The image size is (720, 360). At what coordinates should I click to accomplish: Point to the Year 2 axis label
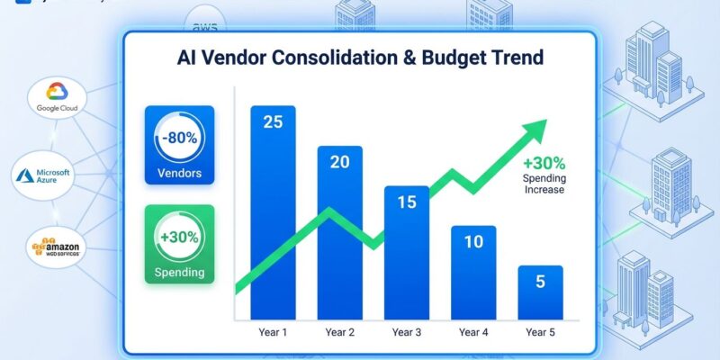pyautogui.click(x=339, y=333)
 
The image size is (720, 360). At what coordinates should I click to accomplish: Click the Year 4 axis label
pyautogui.click(x=473, y=333)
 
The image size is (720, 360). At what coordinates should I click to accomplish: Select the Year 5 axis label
pyautogui.click(x=540, y=333)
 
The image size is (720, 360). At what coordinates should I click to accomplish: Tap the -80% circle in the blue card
pyautogui.click(x=180, y=139)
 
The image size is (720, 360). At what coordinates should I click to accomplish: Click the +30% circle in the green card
pyautogui.click(x=180, y=238)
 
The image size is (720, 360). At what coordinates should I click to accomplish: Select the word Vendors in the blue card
pyautogui.click(x=180, y=174)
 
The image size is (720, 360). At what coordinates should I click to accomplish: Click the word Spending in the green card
pyautogui.click(x=180, y=272)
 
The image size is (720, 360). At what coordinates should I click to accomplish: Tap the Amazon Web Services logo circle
pyautogui.click(x=56, y=248)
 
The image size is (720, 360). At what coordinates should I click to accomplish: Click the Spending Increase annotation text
pyautogui.click(x=544, y=184)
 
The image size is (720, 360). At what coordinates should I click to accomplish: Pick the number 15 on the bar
pyautogui.click(x=407, y=202)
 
